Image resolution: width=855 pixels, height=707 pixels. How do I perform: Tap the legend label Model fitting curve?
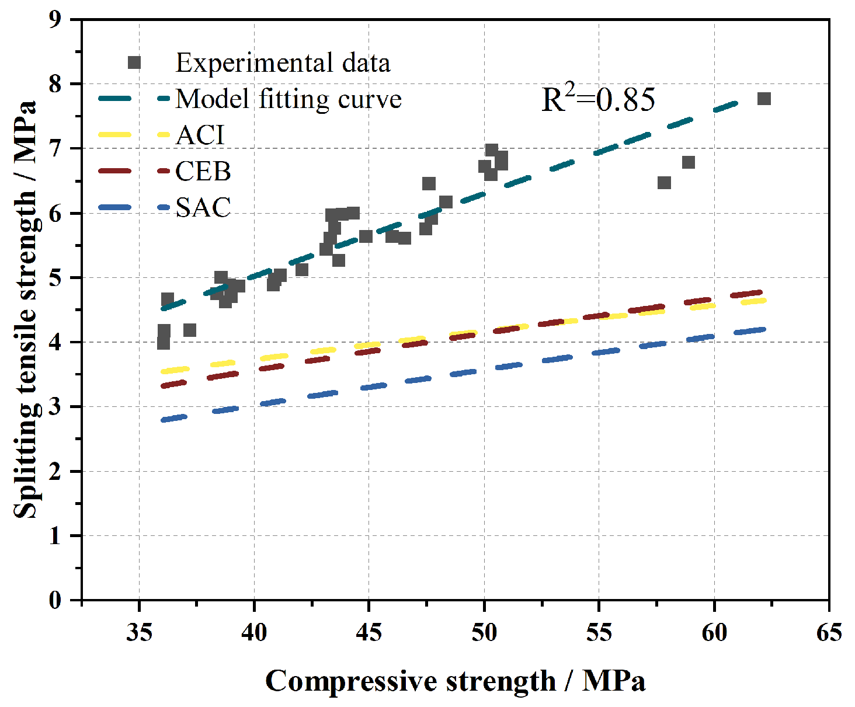(289, 99)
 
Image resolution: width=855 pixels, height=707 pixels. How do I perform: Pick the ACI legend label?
(200, 135)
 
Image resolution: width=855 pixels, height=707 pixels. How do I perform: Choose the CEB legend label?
(203, 170)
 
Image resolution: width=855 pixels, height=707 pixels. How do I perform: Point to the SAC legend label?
(203, 207)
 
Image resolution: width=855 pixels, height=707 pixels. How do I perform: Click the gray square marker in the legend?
(134, 62)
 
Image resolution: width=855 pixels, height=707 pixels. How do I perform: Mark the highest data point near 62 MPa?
(764, 99)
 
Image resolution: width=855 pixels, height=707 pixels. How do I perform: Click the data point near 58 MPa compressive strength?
(664, 183)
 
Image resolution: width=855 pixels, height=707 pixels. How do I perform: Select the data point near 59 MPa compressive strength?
(689, 162)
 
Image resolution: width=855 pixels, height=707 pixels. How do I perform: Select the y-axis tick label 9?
(55, 20)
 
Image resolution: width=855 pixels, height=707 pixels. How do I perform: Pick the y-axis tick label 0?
(55, 601)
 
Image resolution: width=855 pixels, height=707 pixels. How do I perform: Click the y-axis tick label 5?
(55, 278)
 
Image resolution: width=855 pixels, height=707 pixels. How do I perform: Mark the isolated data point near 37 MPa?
(190, 330)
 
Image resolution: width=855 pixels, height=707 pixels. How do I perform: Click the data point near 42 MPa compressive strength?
(302, 269)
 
